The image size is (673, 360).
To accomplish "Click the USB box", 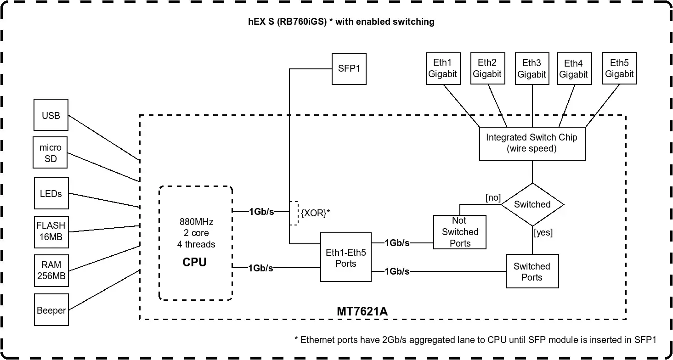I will coord(51,115).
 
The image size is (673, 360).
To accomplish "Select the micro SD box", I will coord(51,153).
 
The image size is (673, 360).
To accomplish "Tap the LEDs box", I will coord(51,193).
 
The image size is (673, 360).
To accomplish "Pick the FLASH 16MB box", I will coord(51,231).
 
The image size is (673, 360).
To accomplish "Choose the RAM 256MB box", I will coord(51,270).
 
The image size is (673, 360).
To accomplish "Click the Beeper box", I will coord(51,310).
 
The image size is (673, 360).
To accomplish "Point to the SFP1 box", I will coord(349,68).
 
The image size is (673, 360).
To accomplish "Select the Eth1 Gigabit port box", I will coord(443,68).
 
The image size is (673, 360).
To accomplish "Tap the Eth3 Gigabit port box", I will coord(532,68).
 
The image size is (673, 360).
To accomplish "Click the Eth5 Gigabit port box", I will coord(619,68).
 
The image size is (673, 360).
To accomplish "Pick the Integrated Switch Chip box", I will coord(532,143).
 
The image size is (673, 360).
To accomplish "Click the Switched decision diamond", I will coord(532,204).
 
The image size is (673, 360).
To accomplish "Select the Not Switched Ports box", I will coord(460,232).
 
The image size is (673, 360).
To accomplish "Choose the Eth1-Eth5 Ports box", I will coord(345,258).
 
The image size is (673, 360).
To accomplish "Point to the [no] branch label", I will coord(493,197).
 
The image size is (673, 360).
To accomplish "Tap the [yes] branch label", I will coord(543,232).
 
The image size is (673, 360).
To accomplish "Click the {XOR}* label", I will coord(315,213).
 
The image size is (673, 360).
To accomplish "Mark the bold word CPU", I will coord(194,262).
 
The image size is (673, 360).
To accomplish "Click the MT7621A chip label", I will coord(362,311).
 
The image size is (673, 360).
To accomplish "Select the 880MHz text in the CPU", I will coord(196,222).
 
